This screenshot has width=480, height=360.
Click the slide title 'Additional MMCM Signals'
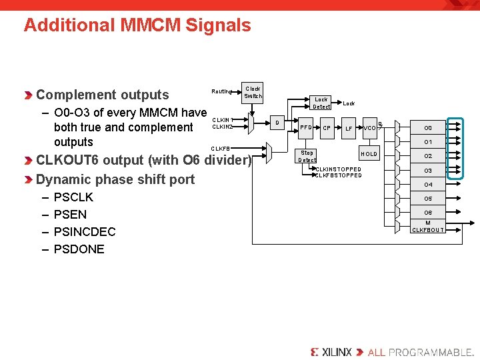tap(137, 25)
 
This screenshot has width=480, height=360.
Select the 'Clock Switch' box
tap(253, 92)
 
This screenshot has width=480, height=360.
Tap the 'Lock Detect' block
tap(321, 103)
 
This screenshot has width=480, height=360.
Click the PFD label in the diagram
tap(306, 128)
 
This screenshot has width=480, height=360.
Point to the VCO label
tap(369, 128)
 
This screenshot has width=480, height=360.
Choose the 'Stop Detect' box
tap(307, 156)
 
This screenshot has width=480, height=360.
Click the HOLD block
tap(369, 154)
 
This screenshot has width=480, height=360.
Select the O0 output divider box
tap(428, 128)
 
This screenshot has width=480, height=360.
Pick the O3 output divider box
tap(428, 171)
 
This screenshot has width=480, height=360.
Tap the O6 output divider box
tap(428, 213)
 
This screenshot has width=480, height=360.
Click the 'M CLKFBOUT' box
tap(428, 227)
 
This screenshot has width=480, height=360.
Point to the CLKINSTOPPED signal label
tap(338, 169)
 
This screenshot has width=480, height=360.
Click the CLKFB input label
tap(221, 148)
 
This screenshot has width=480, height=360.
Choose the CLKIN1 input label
tap(222, 120)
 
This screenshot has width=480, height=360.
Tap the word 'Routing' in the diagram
tap(222, 91)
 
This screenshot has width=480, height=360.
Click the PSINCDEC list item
tap(85, 232)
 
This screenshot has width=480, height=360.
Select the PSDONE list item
tap(79, 249)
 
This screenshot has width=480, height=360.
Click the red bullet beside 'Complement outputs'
tap(28, 95)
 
